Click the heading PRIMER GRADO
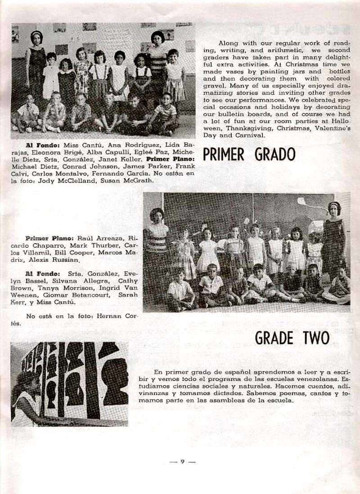point(249,154)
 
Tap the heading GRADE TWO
point(292,338)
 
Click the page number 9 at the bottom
point(182,461)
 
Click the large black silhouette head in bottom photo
point(115,381)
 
